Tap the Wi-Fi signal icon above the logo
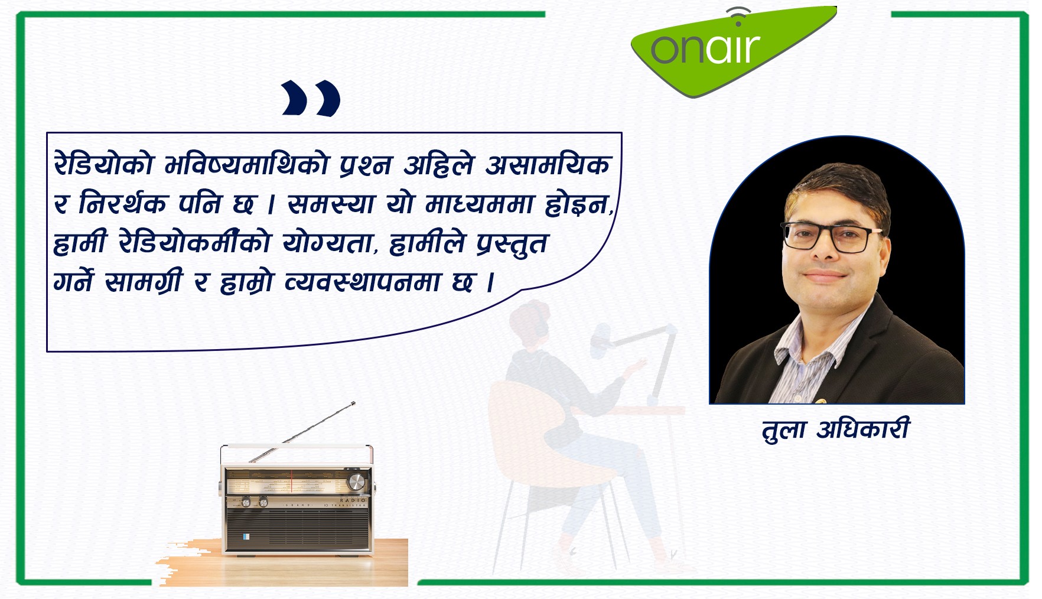738,17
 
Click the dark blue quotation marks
311,98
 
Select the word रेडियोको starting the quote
104,164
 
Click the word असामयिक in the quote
548,164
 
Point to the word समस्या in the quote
331,204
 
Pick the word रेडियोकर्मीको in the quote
194,242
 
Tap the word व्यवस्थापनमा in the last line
363,282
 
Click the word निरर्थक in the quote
123,204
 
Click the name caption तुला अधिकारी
836,429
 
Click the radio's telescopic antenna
302,432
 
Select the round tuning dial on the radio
356,482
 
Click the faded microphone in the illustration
601,339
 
